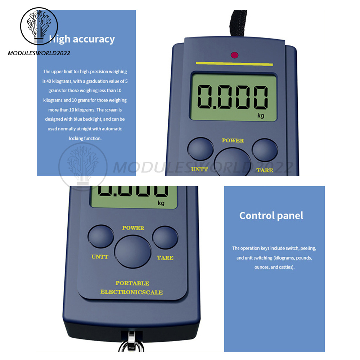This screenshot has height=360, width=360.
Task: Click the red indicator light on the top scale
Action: point(234,55)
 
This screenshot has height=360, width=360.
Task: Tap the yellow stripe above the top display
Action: point(234,64)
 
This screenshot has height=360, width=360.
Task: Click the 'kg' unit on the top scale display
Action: point(261,115)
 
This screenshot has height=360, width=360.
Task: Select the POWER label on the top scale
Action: point(233,140)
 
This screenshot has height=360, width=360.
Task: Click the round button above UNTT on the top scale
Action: point(201,149)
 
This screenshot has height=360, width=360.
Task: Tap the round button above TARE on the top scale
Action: point(265,150)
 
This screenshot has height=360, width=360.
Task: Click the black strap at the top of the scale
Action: point(239,23)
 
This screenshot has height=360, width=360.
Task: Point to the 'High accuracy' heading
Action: point(82,39)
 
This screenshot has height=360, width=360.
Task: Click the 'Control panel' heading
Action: point(271,216)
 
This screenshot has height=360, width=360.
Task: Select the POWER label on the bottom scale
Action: point(133,228)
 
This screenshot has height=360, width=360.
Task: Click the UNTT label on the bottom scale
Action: point(100,257)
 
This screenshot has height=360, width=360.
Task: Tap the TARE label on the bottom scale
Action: point(165,258)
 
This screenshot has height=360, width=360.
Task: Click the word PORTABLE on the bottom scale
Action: point(132,283)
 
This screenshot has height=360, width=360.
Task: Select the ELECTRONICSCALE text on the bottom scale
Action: point(131,292)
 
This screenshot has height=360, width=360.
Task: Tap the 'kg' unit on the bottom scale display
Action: point(161,203)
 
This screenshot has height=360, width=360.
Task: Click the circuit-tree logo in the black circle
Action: point(39,26)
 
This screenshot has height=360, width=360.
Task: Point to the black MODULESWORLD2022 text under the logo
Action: point(39,53)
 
